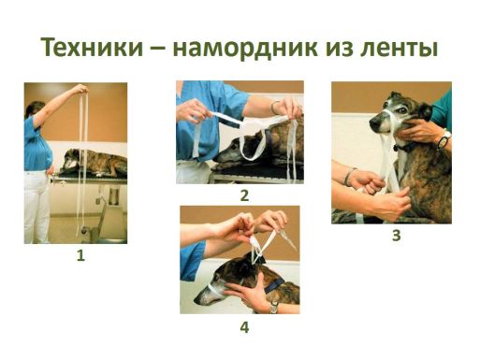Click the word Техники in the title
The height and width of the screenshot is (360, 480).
[92, 48]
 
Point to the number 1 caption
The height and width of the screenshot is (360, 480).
[80, 256]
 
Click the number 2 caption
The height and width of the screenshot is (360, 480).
[244, 195]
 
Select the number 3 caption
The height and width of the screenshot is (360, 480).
[396, 236]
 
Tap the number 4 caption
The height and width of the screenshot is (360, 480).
[244, 327]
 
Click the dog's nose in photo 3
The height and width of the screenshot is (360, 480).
[373, 124]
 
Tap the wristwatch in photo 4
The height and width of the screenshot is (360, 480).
[273, 308]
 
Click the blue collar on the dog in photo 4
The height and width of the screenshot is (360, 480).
[274, 285]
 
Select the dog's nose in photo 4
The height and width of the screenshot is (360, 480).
[197, 301]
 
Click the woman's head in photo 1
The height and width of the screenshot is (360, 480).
[35, 109]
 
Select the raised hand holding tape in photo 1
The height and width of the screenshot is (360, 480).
[80, 90]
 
